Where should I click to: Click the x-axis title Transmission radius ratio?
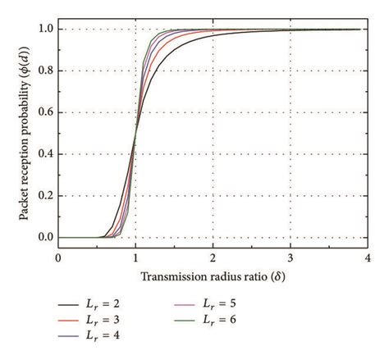(x=211, y=277)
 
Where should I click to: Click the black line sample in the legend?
(x=66, y=303)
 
